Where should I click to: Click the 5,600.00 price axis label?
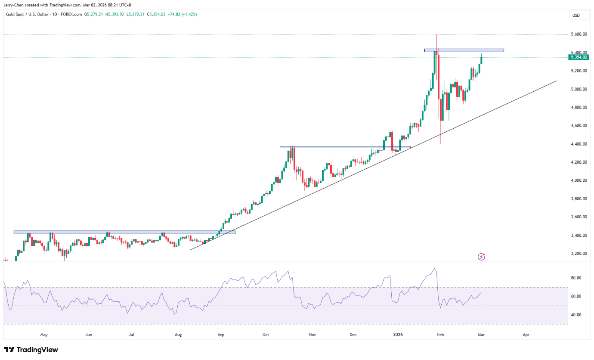pyautogui.click(x=579, y=34)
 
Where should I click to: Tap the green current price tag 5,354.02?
pyautogui.click(x=579, y=57)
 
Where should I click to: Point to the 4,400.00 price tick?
pyautogui.click(x=579, y=144)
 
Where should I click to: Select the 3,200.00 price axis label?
pyautogui.click(x=579, y=254)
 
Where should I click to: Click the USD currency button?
pyautogui.click(x=575, y=15)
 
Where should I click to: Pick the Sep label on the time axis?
pyautogui.click(x=221, y=334)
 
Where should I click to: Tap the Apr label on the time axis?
pyautogui.click(x=526, y=334)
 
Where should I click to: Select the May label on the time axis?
pyautogui.click(x=44, y=334)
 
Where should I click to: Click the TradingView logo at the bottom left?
pyautogui.click(x=31, y=350)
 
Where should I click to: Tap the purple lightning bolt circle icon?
pyautogui.click(x=482, y=257)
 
